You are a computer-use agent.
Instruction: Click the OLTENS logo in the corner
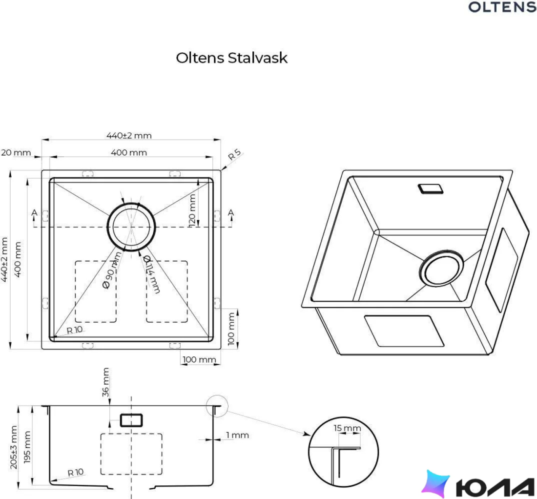point(502,7)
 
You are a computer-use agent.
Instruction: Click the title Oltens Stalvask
point(231,58)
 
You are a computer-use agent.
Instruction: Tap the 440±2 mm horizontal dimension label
point(129,136)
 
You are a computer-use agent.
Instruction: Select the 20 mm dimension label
point(16,152)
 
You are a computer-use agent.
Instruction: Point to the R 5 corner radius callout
point(235,154)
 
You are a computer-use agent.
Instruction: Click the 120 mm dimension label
point(192,209)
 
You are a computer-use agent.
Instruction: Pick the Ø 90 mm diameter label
point(112,270)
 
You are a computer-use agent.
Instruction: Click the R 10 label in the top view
point(75,330)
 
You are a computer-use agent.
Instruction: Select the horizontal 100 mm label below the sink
point(199,360)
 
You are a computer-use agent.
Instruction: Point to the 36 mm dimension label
point(106,382)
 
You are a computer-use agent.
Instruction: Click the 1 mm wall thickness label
point(237,436)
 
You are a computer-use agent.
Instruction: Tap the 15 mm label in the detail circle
point(347,428)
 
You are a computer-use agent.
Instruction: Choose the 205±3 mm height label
point(13,447)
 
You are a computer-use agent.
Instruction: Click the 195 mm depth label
point(27,447)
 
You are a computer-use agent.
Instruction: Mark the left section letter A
point(34,213)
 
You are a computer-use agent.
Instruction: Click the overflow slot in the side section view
point(131,420)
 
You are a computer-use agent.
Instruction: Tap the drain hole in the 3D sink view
point(441,268)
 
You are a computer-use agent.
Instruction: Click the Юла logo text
point(495,487)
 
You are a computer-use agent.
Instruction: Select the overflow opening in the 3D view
point(431,188)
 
